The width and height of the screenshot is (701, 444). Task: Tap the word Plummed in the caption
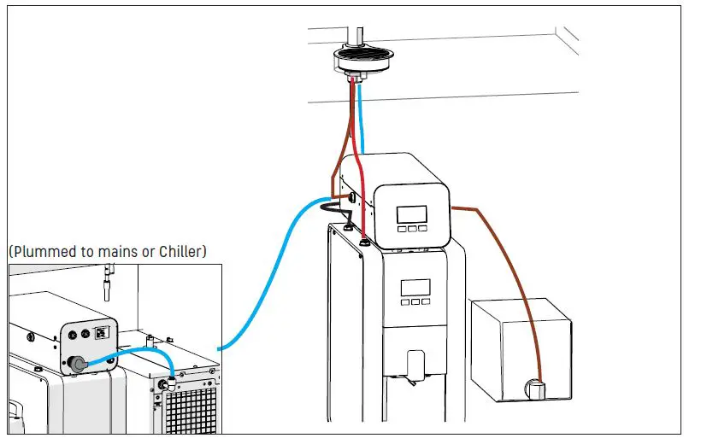coord(43,252)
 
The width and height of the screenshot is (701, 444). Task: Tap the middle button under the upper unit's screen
coord(411,229)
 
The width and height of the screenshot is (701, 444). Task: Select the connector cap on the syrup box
coord(537,388)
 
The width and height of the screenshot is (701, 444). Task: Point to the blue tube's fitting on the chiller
coord(171,373)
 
